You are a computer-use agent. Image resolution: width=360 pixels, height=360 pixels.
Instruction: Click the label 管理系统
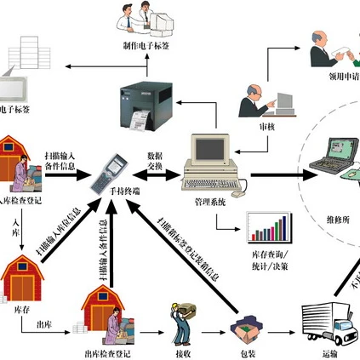[210, 202]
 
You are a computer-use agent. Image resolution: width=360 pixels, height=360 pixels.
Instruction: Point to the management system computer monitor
[212, 151]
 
